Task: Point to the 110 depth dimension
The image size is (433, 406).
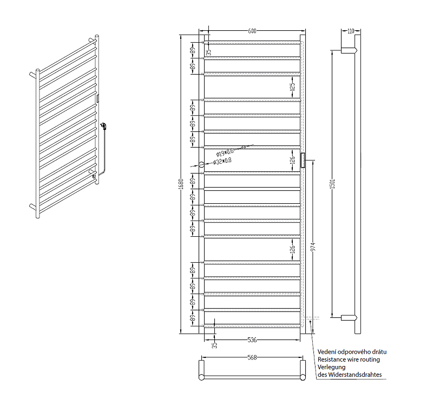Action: point(350,31)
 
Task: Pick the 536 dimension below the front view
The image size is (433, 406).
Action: point(252,340)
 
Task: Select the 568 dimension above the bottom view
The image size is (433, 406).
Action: point(252,357)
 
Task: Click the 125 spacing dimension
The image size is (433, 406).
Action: point(292,85)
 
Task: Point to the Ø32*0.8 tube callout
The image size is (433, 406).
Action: point(222,161)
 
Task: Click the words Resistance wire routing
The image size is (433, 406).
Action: point(349,359)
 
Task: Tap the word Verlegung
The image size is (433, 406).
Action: point(331,367)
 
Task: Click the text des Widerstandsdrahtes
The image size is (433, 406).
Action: point(350,375)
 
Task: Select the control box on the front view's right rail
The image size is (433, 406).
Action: point(304,160)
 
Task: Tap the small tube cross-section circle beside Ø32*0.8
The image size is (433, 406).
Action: point(201,164)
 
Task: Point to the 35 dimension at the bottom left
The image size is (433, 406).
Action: point(214,344)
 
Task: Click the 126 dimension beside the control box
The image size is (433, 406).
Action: point(292,161)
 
